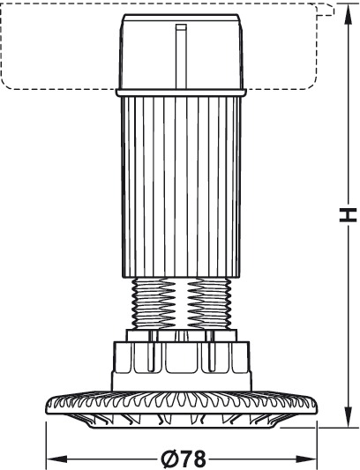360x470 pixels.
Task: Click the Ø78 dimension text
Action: (184, 459)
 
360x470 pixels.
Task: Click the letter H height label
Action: (348, 214)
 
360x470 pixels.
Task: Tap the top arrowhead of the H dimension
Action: (348, 13)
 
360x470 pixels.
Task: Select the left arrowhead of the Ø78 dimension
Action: (57, 459)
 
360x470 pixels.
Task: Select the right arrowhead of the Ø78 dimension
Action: (306, 459)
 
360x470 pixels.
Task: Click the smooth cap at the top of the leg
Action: (181, 51)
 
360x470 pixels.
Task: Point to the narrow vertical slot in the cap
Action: (181, 56)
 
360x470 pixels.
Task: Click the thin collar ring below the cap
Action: (181, 93)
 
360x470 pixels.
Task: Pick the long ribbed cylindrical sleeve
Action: (182, 187)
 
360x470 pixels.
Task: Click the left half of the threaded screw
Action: (154, 303)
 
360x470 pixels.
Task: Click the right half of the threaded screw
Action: (209, 303)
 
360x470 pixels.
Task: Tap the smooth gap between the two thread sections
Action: (181, 303)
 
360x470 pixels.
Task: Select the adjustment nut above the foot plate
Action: (181, 366)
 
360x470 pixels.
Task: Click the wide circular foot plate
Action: (181, 409)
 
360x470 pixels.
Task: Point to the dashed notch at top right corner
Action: (326, 10)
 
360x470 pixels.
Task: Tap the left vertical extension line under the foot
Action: (46, 444)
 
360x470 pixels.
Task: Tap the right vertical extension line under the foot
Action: (317, 444)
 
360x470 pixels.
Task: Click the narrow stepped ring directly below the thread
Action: (182, 335)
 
